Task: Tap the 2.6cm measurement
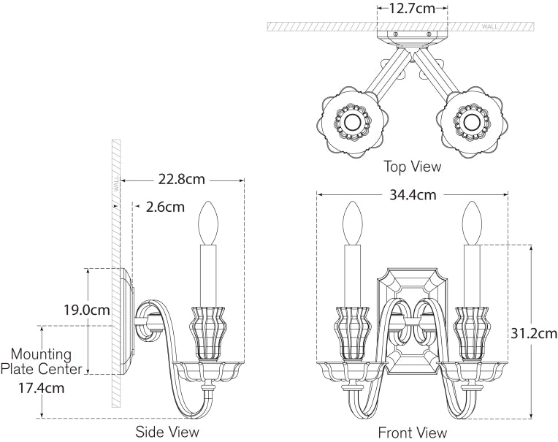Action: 164,207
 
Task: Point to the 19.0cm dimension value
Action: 87,310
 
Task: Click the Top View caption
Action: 413,167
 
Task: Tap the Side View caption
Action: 167,432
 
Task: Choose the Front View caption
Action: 412,432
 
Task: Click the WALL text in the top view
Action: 489,26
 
